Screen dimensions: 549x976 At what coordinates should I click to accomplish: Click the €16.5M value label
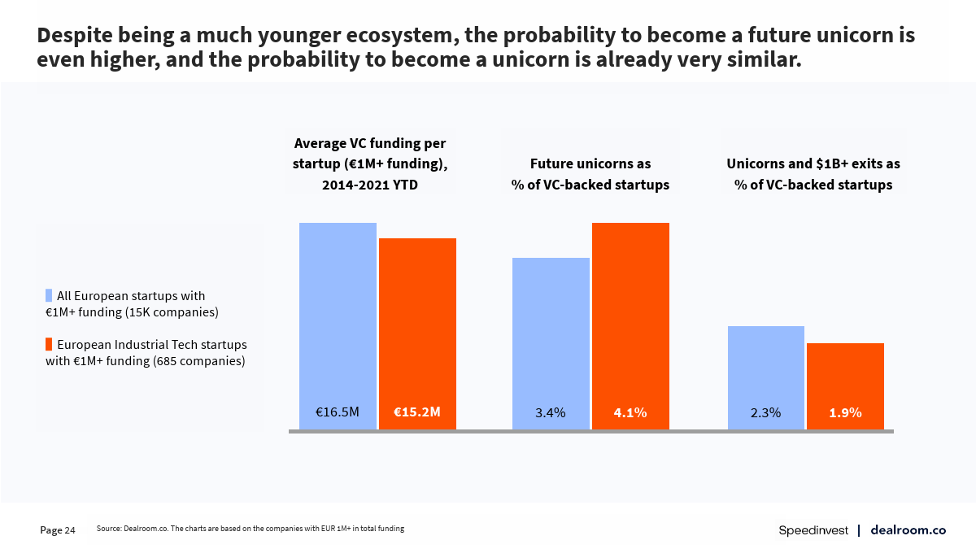(x=338, y=412)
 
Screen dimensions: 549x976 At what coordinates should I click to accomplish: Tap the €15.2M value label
(x=417, y=412)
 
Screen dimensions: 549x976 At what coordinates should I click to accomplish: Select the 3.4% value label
(x=551, y=413)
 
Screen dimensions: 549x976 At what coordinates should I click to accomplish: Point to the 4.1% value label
(x=630, y=413)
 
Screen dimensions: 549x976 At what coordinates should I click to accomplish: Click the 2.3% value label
(x=765, y=413)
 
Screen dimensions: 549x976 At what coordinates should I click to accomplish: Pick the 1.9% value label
(x=845, y=413)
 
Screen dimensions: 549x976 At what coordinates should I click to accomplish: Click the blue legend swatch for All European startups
(x=49, y=296)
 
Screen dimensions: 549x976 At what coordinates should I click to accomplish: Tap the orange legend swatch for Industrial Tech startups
(x=49, y=344)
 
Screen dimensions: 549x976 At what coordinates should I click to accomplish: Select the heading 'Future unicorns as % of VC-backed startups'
(x=590, y=174)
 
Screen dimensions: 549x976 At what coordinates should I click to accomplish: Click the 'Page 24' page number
(x=58, y=530)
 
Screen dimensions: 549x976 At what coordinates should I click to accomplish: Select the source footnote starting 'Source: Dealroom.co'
(x=250, y=529)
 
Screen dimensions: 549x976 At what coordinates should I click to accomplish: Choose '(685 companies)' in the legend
(x=198, y=360)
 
